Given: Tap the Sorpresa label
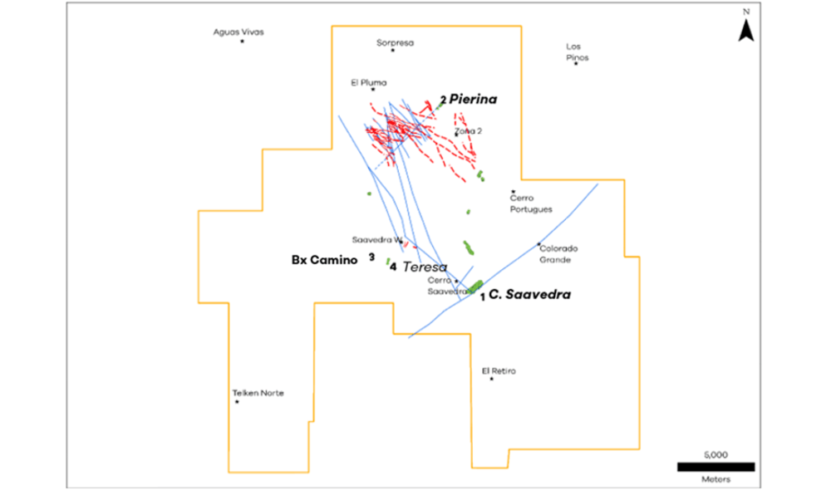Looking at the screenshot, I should pyautogui.click(x=395, y=42).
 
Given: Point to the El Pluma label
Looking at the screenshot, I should pyautogui.click(x=369, y=82).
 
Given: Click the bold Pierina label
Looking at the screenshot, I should pyautogui.click(x=473, y=100).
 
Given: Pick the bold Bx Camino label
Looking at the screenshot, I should pyautogui.click(x=324, y=260).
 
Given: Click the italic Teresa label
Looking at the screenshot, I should pyautogui.click(x=425, y=267).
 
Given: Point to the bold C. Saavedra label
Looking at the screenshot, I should pyautogui.click(x=529, y=294).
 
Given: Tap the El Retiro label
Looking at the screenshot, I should pyautogui.click(x=499, y=370).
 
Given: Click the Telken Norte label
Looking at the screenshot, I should pyautogui.click(x=258, y=393).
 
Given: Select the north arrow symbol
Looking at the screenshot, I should pyautogui.click(x=746, y=30).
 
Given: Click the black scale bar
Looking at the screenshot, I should pyautogui.click(x=715, y=467).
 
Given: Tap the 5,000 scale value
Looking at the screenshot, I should pyautogui.click(x=715, y=455).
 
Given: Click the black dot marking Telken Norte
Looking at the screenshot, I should pyautogui.click(x=238, y=403).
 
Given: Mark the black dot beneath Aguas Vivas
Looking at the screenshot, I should pyautogui.click(x=242, y=41).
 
